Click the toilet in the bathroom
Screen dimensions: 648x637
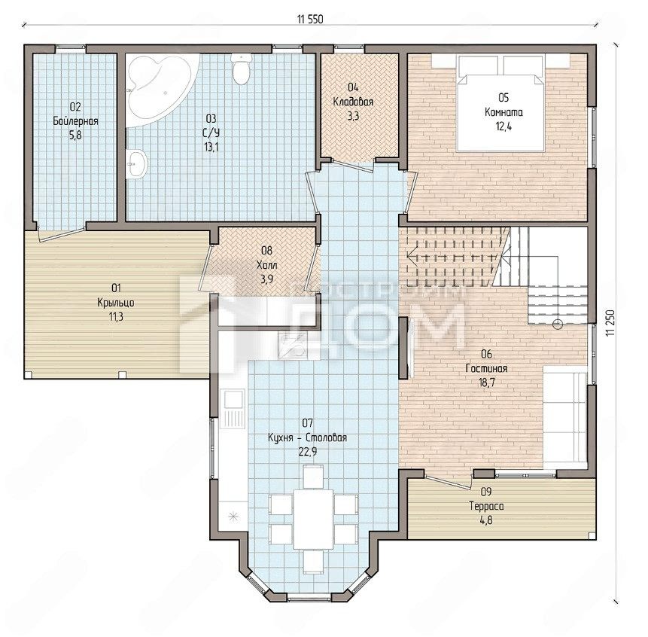coord(241,69)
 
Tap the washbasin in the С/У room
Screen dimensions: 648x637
coord(136,164)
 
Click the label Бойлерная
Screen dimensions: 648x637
coord(75,121)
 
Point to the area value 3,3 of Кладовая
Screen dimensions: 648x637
coord(353,116)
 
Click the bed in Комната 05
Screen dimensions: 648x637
coord(500,102)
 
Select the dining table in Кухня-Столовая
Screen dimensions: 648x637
coord(313,519)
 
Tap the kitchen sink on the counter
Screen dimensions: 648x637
coord(233,410)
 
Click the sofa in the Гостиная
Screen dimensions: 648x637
coord(564,417)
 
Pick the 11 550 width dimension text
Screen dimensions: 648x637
coord(310,19)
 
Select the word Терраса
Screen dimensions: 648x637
coord(486,507)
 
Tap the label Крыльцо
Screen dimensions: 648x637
coord(116,303)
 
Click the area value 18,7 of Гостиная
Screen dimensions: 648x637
coord(486,383)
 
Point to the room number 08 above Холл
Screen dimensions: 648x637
coord(266,251)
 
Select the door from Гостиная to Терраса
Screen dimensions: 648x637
coord(449,483)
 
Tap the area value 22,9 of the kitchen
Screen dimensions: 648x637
coord(308,452)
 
